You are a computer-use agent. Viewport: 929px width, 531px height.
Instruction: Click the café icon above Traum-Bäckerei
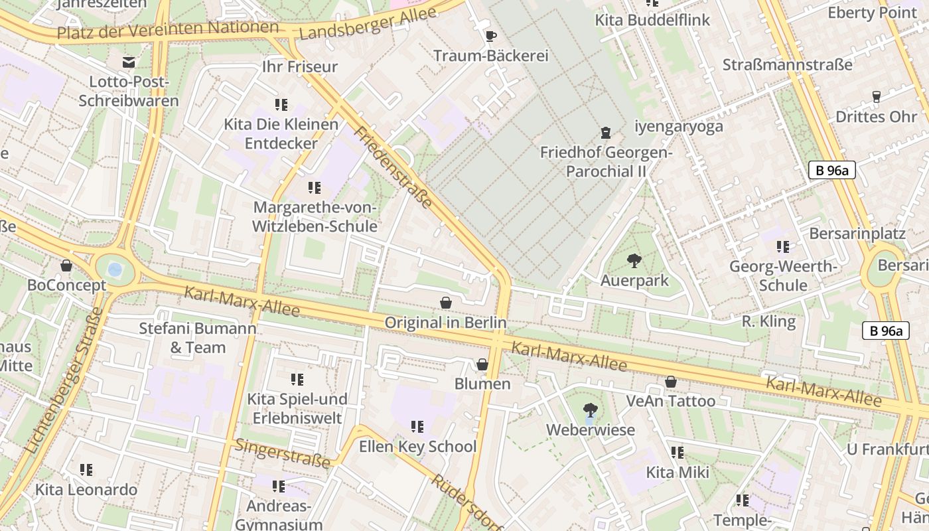pos(490,36)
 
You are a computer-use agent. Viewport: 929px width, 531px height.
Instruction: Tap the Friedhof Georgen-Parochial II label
pos(606,162)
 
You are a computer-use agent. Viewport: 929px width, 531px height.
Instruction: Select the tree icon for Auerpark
pos(634,260)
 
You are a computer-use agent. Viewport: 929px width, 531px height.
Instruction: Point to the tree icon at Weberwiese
pos(589,410)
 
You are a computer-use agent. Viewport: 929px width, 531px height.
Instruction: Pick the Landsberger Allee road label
pos(368,24)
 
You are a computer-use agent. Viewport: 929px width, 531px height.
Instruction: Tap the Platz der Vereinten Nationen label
pos(168,29)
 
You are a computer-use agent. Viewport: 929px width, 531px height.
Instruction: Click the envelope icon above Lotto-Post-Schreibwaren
pos(129,62)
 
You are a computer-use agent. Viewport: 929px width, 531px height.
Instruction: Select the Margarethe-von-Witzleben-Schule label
pos(315,217)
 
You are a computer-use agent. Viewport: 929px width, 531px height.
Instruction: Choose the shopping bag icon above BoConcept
pos(66,265)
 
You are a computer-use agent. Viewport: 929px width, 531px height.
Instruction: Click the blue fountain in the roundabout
pos(115,270)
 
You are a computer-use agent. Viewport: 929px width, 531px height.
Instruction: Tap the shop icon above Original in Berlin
pos(446,303)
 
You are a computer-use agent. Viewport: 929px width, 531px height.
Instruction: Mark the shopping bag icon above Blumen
pos(482,364)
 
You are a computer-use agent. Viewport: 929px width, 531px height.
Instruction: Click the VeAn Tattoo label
pos(671,401)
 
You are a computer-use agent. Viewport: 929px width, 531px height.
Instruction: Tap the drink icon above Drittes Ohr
pos(876,97)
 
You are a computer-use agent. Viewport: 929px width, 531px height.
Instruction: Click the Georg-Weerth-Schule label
pos(783,276)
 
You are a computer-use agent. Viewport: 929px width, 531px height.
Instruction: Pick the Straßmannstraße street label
pos(787,65)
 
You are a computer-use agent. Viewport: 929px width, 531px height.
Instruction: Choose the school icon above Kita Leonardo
pos(86,470)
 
